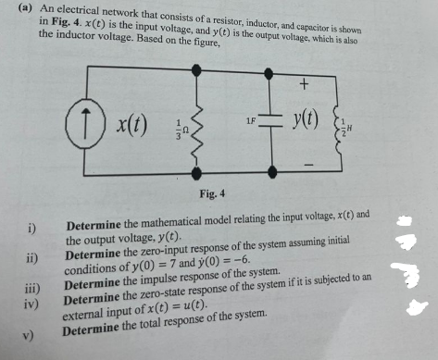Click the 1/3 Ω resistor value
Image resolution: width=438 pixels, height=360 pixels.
click(181, 130)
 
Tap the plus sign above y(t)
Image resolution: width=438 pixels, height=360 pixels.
click(304, 85)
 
